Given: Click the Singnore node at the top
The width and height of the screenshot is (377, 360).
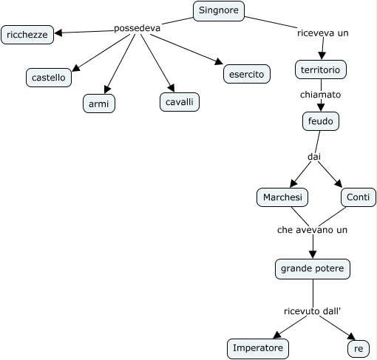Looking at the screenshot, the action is (219, 11).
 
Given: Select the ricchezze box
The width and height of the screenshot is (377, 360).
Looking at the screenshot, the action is (27, 35).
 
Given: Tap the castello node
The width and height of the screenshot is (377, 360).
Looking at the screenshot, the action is (49, 78).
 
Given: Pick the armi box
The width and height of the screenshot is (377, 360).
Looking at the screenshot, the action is (99, 103).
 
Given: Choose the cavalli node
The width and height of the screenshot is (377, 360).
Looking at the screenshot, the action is (180, 102).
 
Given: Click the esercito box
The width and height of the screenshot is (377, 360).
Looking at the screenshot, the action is (247, 74).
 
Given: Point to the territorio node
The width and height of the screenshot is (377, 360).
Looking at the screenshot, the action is (321, 69).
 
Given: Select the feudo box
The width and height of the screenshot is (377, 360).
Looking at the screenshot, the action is (321, 121).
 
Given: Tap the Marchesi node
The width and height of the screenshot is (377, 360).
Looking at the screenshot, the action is (282, 197).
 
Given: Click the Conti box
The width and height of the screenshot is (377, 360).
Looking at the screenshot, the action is (359, 197).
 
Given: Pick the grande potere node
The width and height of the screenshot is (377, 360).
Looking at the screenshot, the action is (313, 269).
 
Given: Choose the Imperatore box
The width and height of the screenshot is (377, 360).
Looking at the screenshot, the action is (258, 349).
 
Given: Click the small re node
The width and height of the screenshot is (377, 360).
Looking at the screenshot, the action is (359, 349).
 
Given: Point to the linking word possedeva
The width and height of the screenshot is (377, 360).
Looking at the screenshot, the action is (137, 28).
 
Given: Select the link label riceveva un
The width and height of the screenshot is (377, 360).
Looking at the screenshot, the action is (323, 33).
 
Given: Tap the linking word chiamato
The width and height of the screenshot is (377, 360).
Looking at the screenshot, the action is (320, 95).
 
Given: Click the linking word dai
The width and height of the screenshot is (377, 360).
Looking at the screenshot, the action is (314, 157).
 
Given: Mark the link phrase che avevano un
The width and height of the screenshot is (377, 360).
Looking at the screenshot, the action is (312, 230).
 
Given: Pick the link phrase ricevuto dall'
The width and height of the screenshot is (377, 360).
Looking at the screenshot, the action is (312, 311).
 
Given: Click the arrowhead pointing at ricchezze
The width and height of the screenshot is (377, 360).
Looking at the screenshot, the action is (58, 33).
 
